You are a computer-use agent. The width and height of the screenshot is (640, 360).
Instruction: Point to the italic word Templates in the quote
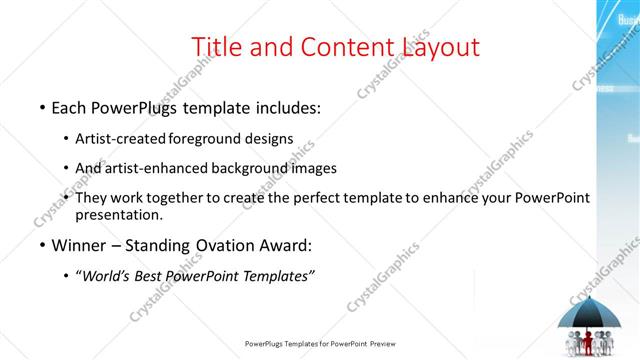pos(276,276)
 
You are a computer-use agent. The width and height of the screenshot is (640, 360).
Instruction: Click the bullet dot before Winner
pos(42,245)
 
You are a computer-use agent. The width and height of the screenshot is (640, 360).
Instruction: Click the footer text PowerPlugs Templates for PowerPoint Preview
pos(320,344)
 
